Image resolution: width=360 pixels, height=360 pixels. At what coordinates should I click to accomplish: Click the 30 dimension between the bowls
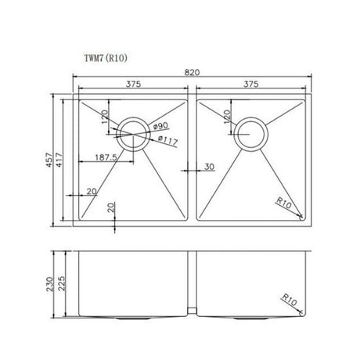(209, 166)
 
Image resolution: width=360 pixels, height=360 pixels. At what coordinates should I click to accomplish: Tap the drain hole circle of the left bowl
(131, 134)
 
